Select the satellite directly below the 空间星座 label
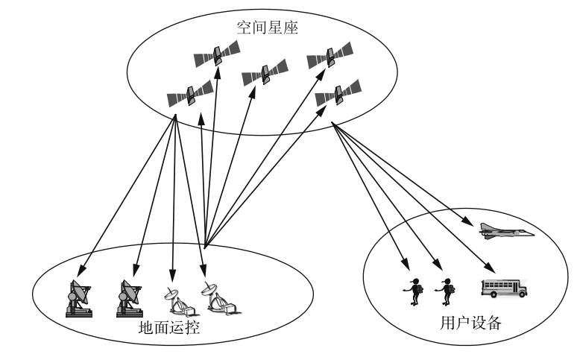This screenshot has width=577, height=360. pyautogui.click(x=217, y=53)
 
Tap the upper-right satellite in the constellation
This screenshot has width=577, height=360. pyautogui.click(x=330, y=55)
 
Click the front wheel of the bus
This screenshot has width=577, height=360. pyautogui.click(x=520, y=294)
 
